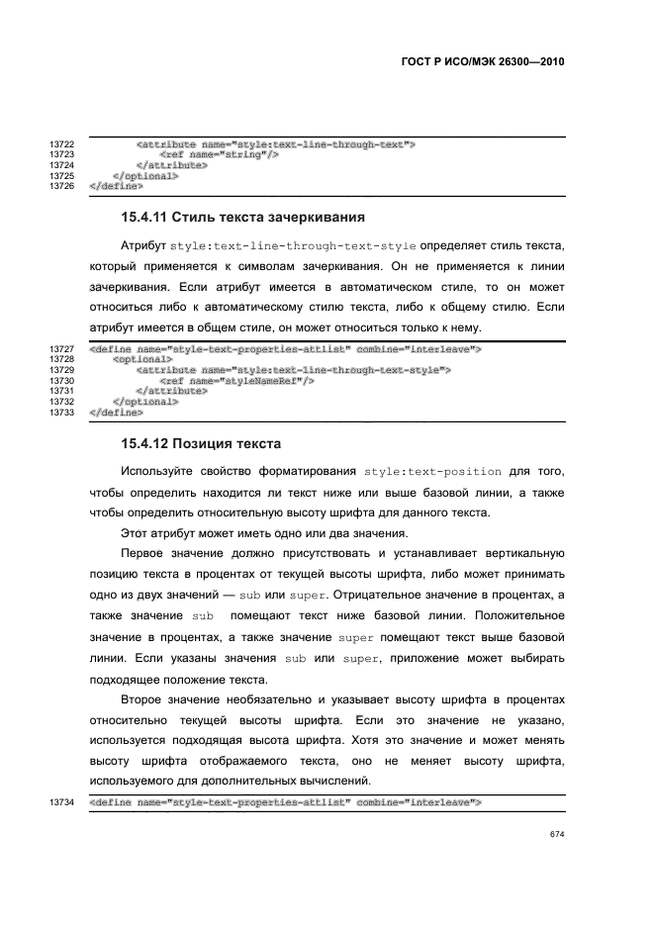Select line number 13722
coord(62,145)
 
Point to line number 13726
coord(62,185)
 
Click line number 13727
coord(62,350)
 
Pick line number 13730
coord(62,381)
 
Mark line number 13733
coord(62,412)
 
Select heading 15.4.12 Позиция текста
coord(201,442)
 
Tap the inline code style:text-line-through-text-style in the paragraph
coord(293,244)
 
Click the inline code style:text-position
coord(432,471)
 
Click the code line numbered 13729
coord(293,370)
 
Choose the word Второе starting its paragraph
coord(144,699)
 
